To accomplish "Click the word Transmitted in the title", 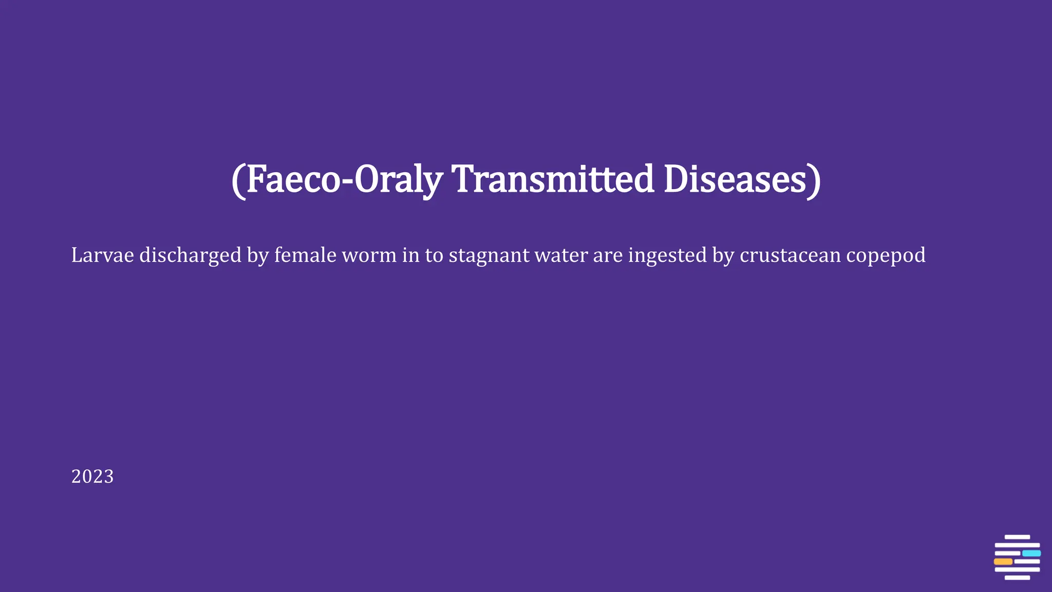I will coord(553,179).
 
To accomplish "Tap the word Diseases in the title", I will coord(735,179).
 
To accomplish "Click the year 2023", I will coord(92,476).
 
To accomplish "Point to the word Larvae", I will coord(102,255).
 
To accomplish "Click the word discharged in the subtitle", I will coord(190,255).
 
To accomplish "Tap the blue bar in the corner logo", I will coord(1031,553).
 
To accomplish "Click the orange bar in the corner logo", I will coord(1003,562).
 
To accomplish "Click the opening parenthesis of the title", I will coord(237,180).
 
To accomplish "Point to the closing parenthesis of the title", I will coord(815,180).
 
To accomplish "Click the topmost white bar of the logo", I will coord(1017,537).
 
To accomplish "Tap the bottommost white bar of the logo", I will coord(1017,578).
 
